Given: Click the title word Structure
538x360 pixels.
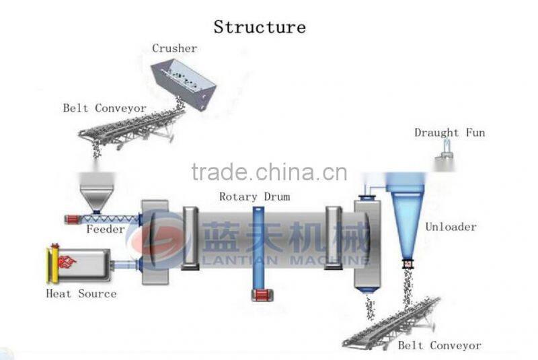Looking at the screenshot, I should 260,27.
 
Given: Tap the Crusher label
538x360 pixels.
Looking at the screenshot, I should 174,48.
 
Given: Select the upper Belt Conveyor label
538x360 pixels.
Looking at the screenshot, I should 104,108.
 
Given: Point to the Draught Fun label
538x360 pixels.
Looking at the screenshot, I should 449,133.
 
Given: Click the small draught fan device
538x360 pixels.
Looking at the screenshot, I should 443,159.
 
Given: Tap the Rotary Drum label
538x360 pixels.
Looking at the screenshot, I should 254,196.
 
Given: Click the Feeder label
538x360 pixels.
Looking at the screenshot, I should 106,229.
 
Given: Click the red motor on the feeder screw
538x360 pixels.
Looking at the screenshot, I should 72,219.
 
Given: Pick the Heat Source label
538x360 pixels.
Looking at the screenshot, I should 81,293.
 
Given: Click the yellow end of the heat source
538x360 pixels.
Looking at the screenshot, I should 50,264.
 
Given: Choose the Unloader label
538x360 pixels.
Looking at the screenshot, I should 451,227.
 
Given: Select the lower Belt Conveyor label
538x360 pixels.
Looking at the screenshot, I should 439,345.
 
